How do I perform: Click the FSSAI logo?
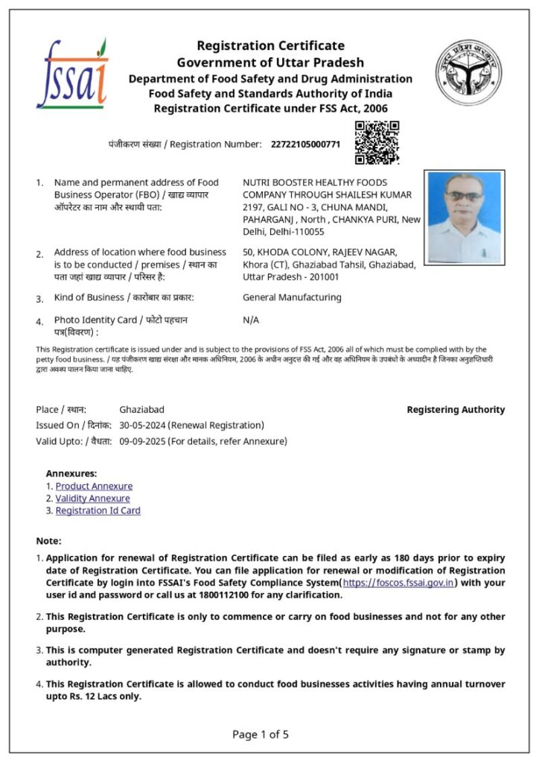(72, 74)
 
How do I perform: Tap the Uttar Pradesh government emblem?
(468, 72)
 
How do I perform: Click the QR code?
(377, 142)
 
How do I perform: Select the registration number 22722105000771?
(305, 144)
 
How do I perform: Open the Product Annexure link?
(94, 486)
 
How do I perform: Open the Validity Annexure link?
(92, 498)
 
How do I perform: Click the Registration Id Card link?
(98, 510)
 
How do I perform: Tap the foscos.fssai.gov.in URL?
(398, 583)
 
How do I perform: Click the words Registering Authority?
(456, 410)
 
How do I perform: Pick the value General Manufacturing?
(292, 297)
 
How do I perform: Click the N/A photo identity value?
(251, 320)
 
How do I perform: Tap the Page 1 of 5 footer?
(261, 735)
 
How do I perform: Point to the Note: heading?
(48, 541)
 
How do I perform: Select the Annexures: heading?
(71, 473)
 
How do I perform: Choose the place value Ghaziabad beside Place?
(141, 410)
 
